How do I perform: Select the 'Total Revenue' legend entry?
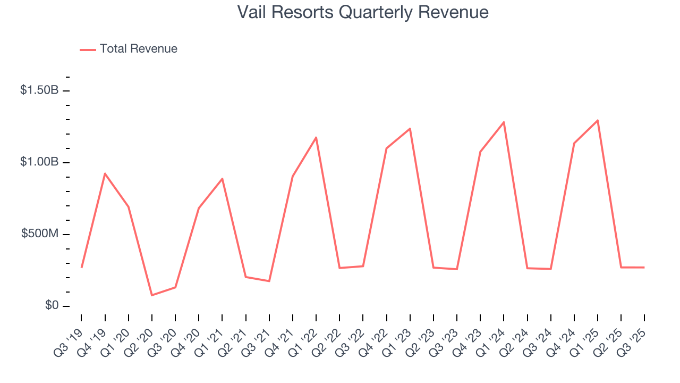(138, 49)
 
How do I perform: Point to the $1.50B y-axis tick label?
(39, 90)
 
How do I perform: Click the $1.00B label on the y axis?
(39, 162)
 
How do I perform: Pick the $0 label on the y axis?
(52, 306)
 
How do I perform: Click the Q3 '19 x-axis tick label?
(69, 336)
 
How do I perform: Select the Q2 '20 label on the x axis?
(139, 336)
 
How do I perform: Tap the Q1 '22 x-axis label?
(303, 336)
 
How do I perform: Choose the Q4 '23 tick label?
(467, 336)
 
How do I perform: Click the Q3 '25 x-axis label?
(632, 336)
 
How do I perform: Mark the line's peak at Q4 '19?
(105, 173)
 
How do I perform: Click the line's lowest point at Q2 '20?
(152, 295)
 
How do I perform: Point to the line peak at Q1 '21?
(222, 179)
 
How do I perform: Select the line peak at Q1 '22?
(316, 137)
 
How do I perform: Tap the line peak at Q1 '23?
(410, 128)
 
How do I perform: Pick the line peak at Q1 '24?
(504, 122)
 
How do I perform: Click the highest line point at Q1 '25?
(598, 120)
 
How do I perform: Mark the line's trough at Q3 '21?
(269, 281)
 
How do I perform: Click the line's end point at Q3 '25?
(644, 268)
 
